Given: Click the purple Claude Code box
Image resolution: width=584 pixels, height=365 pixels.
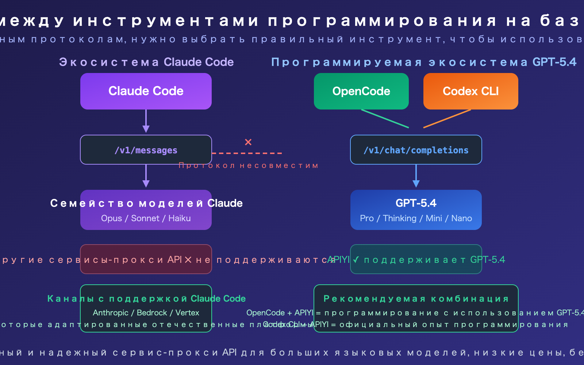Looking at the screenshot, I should (x=146, y=91).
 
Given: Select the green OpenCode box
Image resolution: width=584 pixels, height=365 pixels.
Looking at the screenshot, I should (x=361, y=91).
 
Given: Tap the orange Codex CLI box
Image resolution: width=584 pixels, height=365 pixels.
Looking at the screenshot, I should (x=471, y=91).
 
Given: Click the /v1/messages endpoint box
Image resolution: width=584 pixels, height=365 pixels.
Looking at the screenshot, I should (x=146, y=150).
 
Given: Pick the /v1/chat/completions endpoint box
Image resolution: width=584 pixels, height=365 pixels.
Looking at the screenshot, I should (x=416, y=150).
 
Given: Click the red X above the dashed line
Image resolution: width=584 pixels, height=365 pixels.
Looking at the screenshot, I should (x=248, y=142).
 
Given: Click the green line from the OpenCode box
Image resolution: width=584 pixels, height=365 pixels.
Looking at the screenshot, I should (x=385, y=119).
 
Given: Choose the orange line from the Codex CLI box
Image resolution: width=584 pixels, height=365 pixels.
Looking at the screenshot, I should (x=447, y=119).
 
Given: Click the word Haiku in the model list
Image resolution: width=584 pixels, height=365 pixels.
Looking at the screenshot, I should (x=180, y=218).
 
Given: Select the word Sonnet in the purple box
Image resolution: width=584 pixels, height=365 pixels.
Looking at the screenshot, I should (x=145, y=218).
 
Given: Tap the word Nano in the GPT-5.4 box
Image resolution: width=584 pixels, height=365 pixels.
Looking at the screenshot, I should (x=462, y=218).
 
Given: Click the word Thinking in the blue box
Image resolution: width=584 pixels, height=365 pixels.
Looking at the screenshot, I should (x=400, y=218).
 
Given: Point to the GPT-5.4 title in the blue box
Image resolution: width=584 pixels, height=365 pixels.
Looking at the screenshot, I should (x=416, y=203).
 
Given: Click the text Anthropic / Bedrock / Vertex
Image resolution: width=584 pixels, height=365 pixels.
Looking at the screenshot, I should (x=146, y=313).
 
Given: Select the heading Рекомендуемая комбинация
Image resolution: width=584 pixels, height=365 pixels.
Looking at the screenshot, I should (x=416, y=299).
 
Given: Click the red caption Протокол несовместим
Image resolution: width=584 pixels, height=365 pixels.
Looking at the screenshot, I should (x=249, y=166).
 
